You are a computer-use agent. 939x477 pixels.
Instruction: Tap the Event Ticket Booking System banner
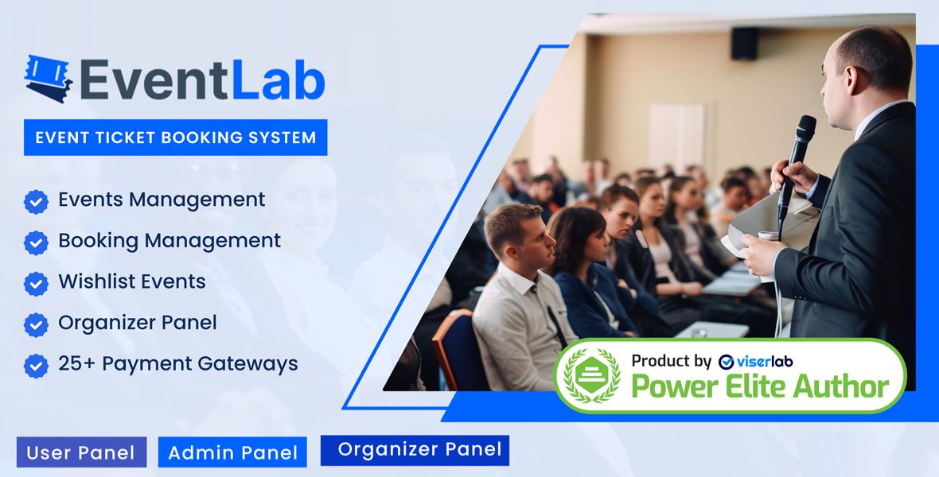click(175, 137)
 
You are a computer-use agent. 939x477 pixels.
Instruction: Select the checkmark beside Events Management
click(36, 201)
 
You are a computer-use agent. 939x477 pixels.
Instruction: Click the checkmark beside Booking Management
click(36, 242)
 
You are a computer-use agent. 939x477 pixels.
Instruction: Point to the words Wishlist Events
click(132, 281)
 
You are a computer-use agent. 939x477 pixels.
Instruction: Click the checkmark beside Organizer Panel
click(36, 324)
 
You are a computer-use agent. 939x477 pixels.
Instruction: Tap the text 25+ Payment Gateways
click(178, 364)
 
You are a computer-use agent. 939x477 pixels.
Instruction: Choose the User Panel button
click(81, 452)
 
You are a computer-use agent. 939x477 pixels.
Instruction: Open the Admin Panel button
click(232, 452)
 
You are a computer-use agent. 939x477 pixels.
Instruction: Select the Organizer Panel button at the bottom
click(415, 449)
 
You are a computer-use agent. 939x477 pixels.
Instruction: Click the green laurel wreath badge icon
click(591, 375)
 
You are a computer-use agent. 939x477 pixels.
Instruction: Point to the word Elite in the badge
click(758, 387)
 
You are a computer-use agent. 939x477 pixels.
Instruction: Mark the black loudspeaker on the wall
click(745, 43)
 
